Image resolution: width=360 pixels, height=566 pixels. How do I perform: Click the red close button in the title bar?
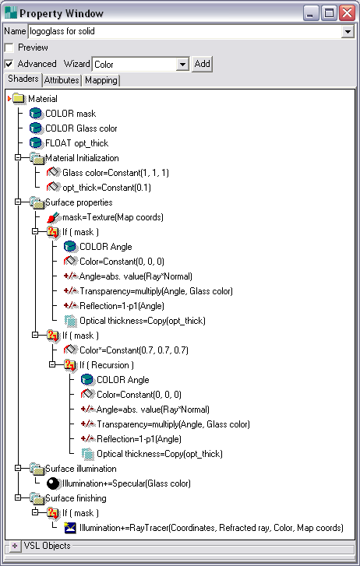(x=348, y=13)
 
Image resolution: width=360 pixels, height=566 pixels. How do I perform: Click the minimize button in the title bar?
(x=310, y=13)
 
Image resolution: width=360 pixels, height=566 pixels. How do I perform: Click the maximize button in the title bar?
(x=329, y=13)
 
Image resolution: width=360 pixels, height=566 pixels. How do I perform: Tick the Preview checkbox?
(x=9, y=47)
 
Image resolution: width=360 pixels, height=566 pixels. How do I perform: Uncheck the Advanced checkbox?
(x=9, y=65)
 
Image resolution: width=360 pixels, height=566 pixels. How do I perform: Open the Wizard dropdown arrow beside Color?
(x=183, y=65)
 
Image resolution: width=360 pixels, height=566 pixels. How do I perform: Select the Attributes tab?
(x=62, y=80)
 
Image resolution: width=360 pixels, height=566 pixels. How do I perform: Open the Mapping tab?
(x=101, y=80)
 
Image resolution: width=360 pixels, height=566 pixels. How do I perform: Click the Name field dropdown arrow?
(x=348, y=32)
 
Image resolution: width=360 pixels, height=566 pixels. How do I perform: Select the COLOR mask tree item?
(x=70, y=114)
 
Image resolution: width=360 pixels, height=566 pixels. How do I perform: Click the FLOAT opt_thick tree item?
(x=76, y=143)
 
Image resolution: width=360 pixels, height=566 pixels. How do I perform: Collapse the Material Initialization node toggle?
(x=18, y=157)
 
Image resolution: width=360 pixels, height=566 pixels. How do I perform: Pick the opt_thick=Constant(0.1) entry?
(x=107, y=188)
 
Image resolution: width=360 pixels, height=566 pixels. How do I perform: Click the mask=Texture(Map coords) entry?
(x=113, y=217)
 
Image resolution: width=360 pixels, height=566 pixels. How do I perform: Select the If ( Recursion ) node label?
(x=107, y=365)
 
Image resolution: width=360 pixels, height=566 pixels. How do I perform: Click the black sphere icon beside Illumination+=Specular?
(x=53, y=483)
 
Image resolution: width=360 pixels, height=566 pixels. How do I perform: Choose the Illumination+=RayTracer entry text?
(x=211, y=528)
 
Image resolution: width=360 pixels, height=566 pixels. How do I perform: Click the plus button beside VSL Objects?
(x=15, y=546)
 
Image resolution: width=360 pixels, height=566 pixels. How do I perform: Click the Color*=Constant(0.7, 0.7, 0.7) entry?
(x=134, y=350)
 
